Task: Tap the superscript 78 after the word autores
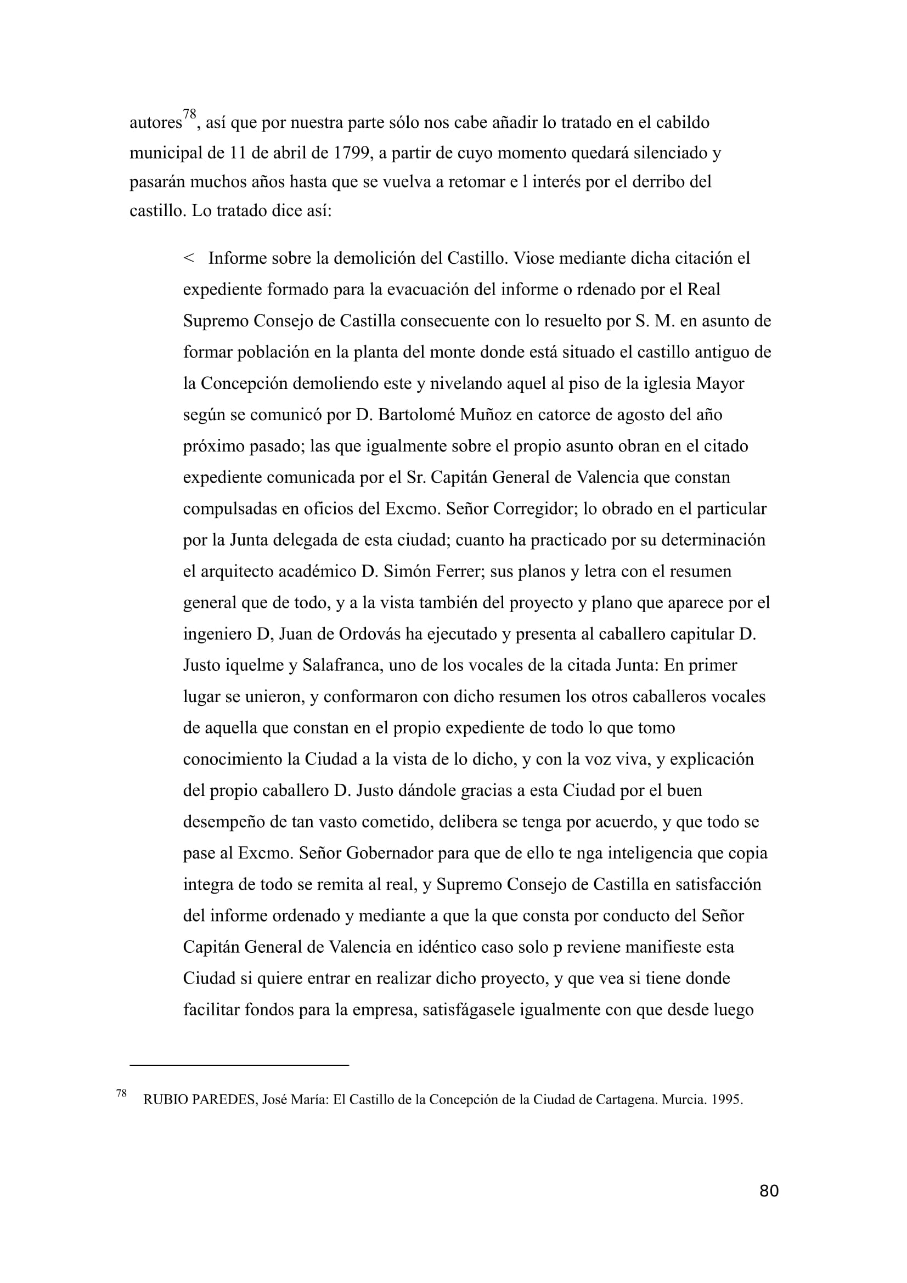(x=190, y=115)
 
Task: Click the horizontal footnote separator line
(x=239, y=1065)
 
